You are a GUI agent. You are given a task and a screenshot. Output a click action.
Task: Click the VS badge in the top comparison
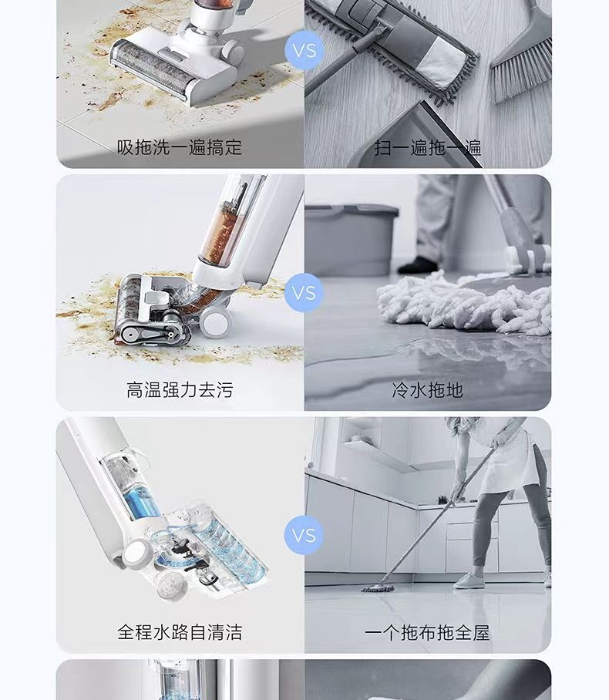pyautogui.click(x=304, y=50)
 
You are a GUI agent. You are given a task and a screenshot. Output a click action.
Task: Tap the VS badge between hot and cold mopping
pyautogui.click(x=304, y=293)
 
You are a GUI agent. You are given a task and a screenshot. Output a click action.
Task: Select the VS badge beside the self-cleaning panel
pyautogui.click(x=304, y=535)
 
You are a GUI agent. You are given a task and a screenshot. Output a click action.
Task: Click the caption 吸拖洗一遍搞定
pyautogui.click(x=180, y=147)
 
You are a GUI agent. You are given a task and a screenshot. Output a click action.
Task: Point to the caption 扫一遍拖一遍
pyautogui.click(x=428, y=147)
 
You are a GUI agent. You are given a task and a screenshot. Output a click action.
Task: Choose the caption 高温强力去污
pyautogui.click(x=180, y=390)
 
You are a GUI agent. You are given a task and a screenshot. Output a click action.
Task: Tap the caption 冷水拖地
pyautogui.click(x=427, y=390)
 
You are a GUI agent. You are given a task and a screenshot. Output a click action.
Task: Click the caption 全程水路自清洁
pyautogui.click(x=180, y=632)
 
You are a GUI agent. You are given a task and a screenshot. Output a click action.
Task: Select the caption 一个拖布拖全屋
pyautogui.click(x=427, y=632)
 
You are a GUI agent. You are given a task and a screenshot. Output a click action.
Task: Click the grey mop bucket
pyautogui.click(x=351, y=240)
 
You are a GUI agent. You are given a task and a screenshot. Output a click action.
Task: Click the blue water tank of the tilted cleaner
pyautogui.click(x=142, y=502)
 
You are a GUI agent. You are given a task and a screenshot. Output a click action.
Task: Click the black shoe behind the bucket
pyautogui.click(x=418, y=265)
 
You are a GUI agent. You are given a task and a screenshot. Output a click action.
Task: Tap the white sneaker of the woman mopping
pyautogui.click(x=469, y=581)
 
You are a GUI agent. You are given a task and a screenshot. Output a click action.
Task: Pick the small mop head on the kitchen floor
pyautogui.click(x=378, y=588)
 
